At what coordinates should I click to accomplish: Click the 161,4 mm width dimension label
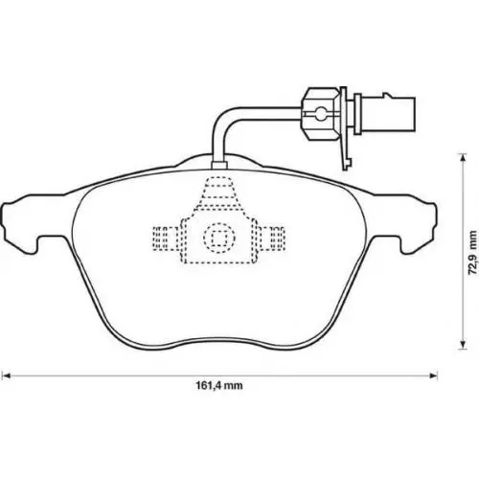(219, 385)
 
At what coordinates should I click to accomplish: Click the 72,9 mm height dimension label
(472, 253)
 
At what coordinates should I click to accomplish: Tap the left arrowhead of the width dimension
(7, 376)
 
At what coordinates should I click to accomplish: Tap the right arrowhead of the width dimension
(433, 376)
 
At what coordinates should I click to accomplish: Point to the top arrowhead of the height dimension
(462, 158)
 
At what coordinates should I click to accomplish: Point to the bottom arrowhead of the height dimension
(462, 345)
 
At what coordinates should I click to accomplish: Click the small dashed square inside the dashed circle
(219, 238)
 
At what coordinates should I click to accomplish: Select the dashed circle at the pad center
(219, 239)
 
